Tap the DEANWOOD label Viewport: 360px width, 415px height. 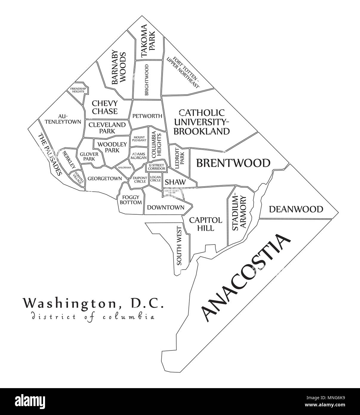[296, 209]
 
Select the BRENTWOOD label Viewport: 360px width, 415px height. [233, 163]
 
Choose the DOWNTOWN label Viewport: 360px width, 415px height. [166, 207]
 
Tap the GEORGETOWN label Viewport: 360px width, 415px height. [105, 179]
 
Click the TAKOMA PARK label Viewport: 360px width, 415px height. [148, 41]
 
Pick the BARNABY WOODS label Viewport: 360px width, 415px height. [118, 68]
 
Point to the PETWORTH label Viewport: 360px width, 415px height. [147, 116]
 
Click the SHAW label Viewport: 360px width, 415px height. [175, 182]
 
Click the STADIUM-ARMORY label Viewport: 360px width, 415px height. [239, 213]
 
